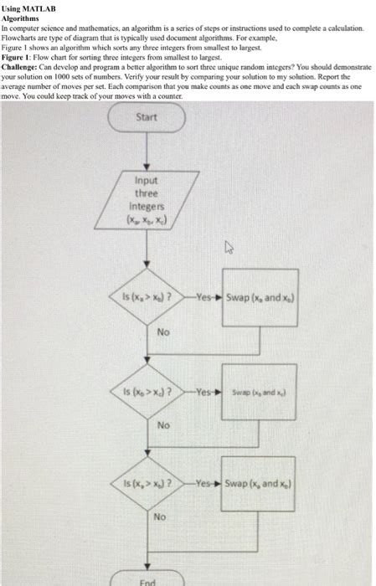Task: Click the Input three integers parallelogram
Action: pos(147,201)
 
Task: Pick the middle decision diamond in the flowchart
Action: pos(147,390)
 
